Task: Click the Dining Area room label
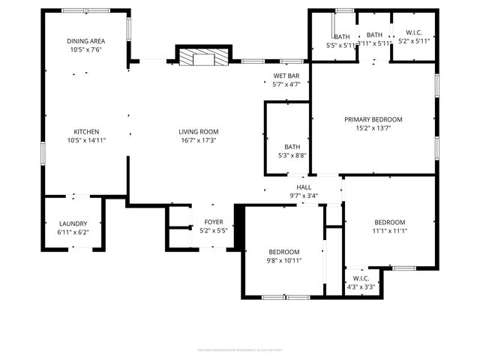click(x=85, y=41)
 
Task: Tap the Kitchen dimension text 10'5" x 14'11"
click(x=86, y=140)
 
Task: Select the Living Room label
click(x=198, y=131)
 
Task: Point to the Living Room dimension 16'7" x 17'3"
click(x=198, y=140)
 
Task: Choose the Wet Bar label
click(x=286, y=76)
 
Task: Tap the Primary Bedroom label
click(x=373, y=119)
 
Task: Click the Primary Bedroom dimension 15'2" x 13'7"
click(x=373, y=128)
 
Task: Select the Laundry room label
click(x=73, y=223)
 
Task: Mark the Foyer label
click(x=214, y=223)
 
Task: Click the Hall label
click(x=304, y=187)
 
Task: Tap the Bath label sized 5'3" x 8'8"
click(x=292, y=147)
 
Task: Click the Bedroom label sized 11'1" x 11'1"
click(x=390, y=222)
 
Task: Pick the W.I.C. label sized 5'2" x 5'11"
click(x=414, y=33)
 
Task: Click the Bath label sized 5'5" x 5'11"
click(x=342, y=37)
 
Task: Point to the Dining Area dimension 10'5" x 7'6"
click(x=85, y=50)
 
